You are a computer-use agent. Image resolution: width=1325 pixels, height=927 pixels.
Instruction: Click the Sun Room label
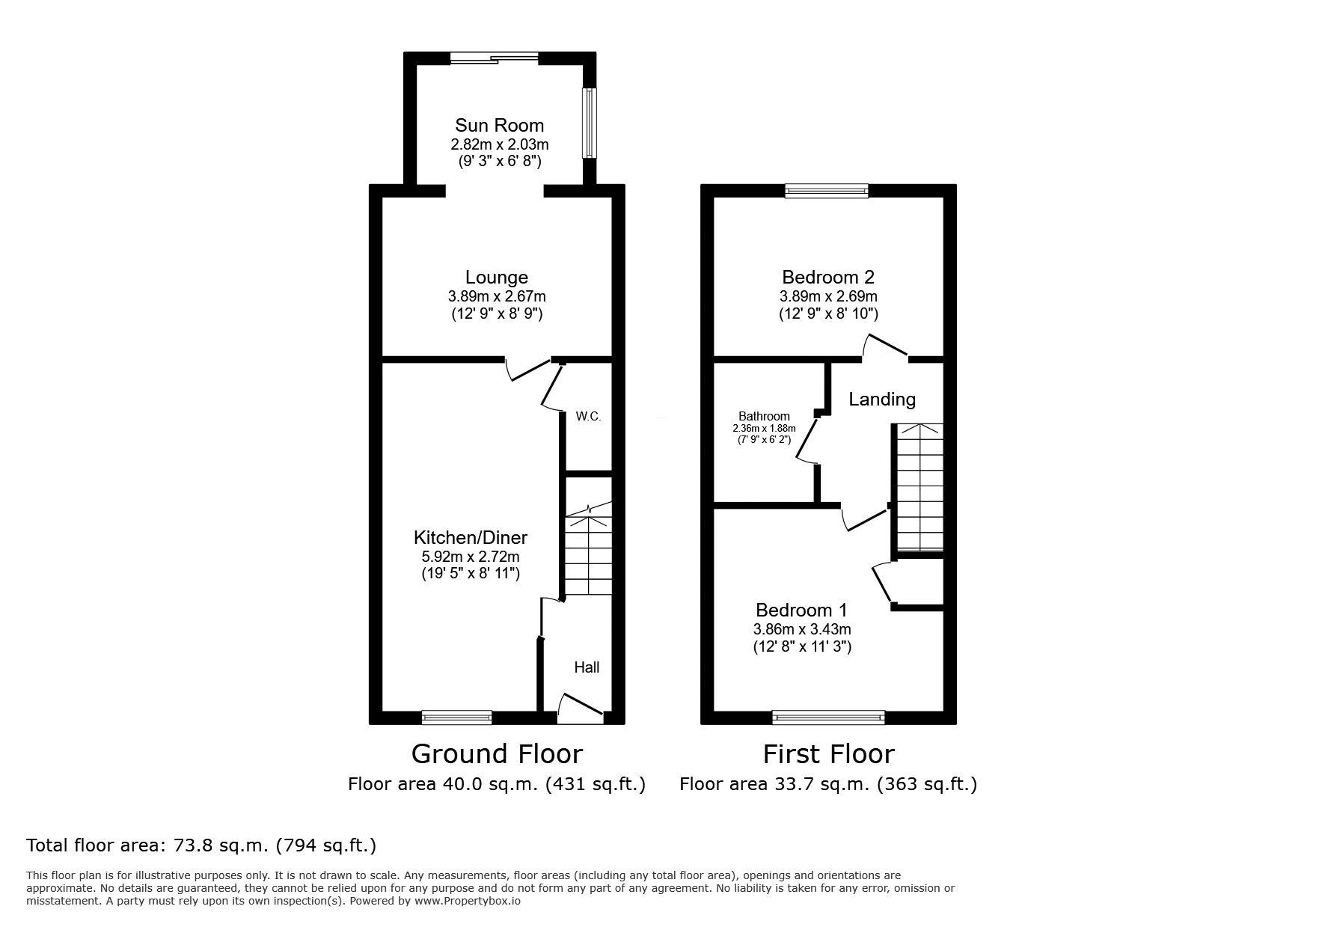point(499,126)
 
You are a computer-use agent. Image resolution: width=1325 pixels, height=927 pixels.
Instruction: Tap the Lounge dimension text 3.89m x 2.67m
point(497,297)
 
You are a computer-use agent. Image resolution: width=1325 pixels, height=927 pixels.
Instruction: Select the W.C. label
point(588,416)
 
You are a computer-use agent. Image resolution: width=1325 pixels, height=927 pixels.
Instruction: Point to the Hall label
point(587,667)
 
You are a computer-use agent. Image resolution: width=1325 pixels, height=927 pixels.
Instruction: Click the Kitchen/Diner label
point(471,537)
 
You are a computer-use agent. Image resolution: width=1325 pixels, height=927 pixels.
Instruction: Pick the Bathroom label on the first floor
point(764,417)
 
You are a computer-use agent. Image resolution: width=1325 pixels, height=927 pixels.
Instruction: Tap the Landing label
point(882,400)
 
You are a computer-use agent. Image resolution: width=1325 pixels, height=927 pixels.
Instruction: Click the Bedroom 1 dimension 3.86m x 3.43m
point(802,630)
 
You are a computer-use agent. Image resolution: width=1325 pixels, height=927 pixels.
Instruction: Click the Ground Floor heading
point(497,753)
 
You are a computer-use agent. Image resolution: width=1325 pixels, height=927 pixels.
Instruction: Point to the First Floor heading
point(828,753)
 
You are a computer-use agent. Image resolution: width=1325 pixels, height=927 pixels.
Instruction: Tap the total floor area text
point(201,845)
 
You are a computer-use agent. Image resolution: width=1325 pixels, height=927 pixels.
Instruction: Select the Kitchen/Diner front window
point(457,718)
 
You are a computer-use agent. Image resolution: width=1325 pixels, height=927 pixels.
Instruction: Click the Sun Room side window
point(590,123)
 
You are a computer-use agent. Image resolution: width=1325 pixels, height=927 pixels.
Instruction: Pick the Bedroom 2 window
point(827,191)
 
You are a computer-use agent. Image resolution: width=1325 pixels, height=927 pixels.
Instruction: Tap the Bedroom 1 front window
point(828,718)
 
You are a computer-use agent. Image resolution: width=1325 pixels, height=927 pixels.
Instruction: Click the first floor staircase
point(919,487)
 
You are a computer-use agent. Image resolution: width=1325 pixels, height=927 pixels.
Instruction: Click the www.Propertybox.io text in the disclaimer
point(468,901)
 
